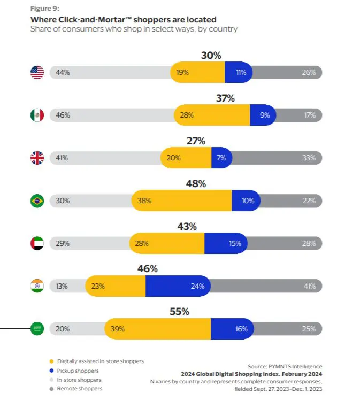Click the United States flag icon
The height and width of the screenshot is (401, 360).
pos(37,72)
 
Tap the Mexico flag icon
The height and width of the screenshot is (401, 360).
pos(37,115)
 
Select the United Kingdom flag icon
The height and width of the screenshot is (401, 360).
pos(37,158)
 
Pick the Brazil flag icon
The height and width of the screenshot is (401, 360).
pos(37,200)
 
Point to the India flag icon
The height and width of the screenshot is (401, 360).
pos(37,286)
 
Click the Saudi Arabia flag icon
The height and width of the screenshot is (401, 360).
pos(37,329)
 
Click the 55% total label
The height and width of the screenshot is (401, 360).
pos(195,312)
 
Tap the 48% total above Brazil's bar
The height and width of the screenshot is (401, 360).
pos(195,183)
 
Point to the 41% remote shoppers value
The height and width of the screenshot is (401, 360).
pos(309,286)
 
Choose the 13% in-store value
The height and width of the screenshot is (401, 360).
pos(62,286)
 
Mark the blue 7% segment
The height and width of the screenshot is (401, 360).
pos(221,158)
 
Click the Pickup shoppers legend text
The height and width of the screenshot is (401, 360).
pos(78,371)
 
